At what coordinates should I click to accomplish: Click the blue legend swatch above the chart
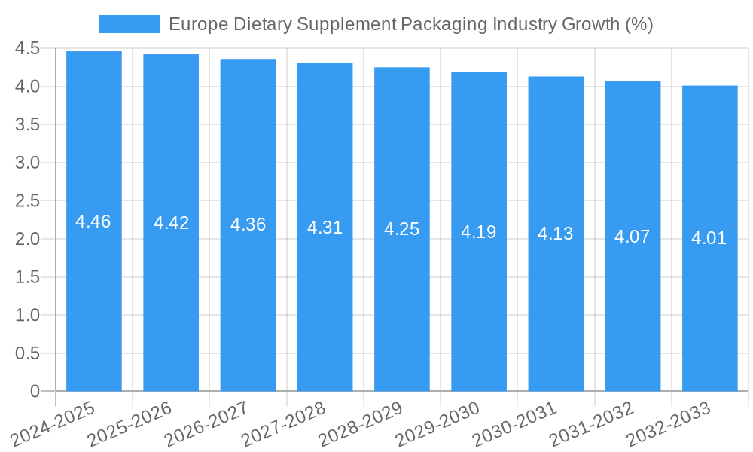click(129, 24)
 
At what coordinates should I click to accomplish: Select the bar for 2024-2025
click(94, 301)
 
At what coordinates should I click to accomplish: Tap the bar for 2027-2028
click(325, 301)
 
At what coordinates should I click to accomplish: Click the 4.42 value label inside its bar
click(171, 223)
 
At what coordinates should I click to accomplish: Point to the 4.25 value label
click(402, 229)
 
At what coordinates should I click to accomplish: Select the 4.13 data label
click(556, 234)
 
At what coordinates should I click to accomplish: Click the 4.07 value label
click(633, 237)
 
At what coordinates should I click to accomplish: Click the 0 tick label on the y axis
click(35, 392)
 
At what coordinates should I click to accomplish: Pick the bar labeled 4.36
click(248, 301)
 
